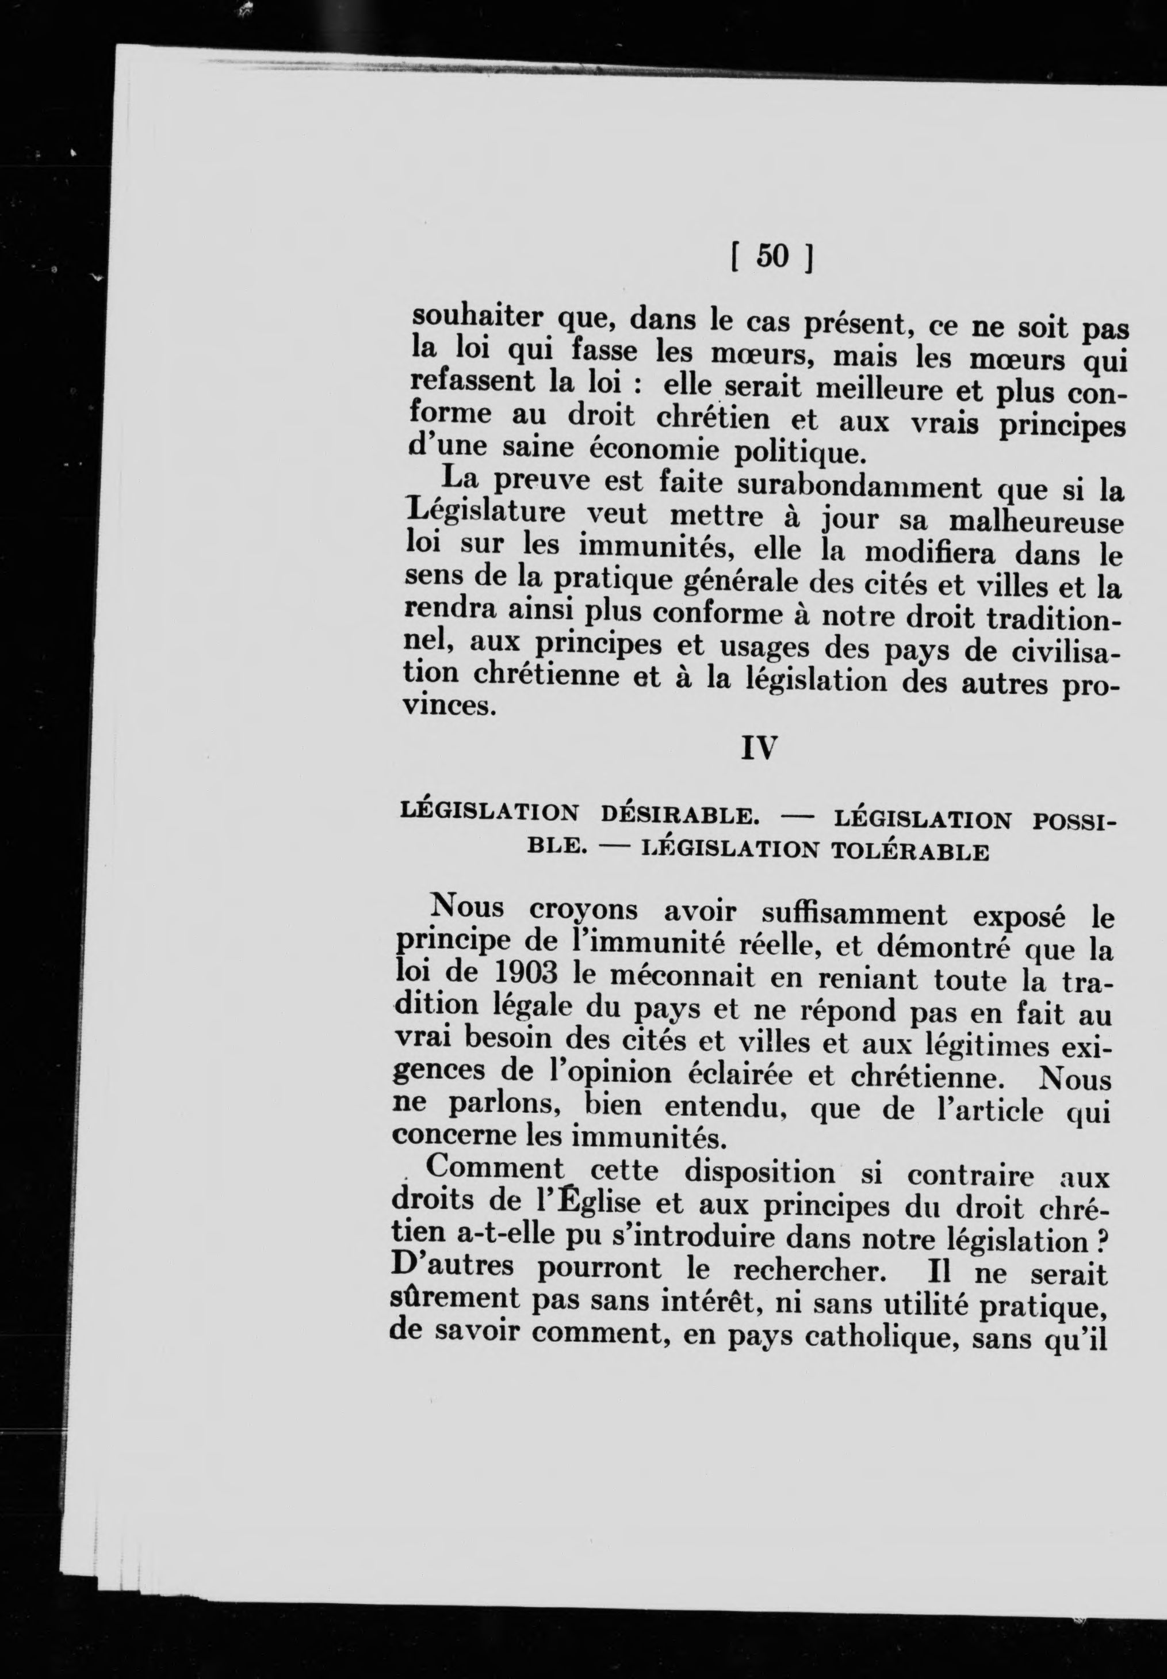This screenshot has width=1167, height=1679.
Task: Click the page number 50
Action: point(772,257)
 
